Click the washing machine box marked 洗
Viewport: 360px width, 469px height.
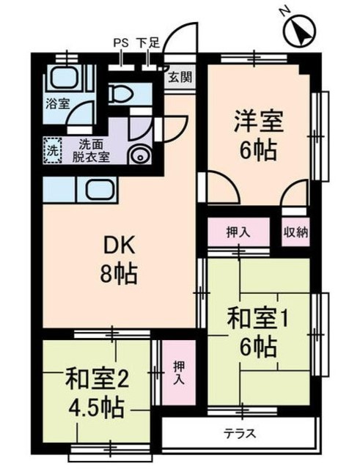click(53, 149)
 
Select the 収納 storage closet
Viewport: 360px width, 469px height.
click(295, 232)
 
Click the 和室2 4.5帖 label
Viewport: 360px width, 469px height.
click(98, 391)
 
